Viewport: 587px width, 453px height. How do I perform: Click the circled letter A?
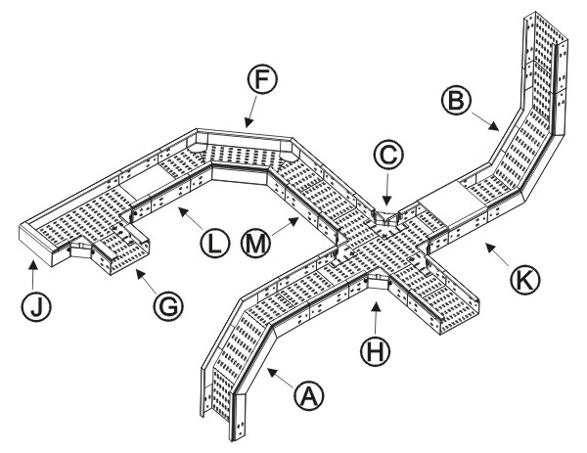310,395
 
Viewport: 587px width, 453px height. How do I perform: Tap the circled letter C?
388,154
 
